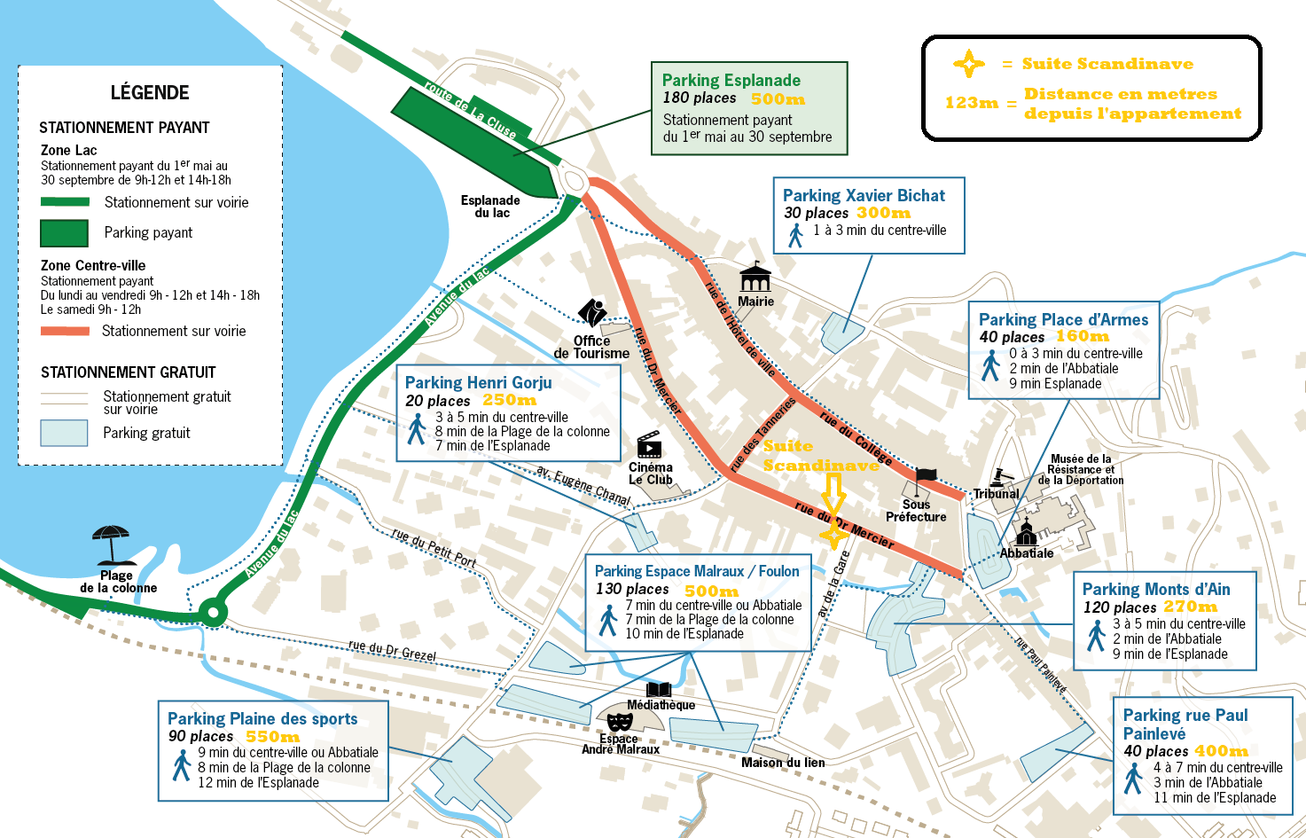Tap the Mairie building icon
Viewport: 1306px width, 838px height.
(755, 277)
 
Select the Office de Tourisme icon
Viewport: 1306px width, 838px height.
(592, 312)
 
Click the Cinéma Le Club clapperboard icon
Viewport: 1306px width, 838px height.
(649, 445)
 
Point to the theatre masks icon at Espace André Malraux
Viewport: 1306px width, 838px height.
(619, 723)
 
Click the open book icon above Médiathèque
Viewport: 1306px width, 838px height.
(659, 690)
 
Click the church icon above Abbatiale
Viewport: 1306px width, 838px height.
(1026, 532)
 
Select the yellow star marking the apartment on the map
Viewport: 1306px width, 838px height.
(833, 534)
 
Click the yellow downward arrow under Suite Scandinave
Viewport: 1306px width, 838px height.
(833, 494)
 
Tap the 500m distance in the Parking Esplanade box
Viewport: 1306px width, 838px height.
(778, 99)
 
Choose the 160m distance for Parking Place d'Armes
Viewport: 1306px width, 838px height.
(1083, 336)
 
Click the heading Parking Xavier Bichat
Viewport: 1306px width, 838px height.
(864, 195)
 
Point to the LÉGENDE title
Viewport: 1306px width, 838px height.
(150, 93)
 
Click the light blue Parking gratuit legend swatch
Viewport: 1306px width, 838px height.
(64, 434)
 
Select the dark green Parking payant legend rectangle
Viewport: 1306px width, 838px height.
(64, 233)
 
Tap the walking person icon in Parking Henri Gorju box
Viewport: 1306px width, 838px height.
(417, 429)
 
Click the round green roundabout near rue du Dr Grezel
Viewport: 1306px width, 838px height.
(213, 613)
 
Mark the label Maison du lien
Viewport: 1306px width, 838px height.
(783, 763)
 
